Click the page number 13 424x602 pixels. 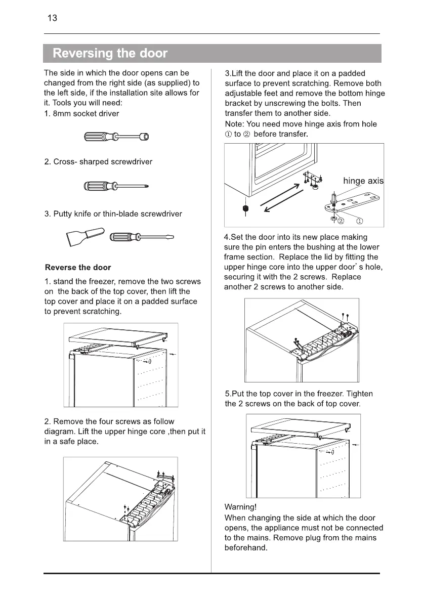click(x=52, y=19)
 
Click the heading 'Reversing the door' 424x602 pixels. click(x=110, y=53)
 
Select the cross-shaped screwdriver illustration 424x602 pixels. click(x=117, y=186)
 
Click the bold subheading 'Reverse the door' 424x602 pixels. click(x=78, y=267)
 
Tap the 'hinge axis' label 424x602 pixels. click(x=363, y=181)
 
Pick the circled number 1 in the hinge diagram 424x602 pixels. click(x=359, y=221)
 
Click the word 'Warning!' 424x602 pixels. click(x=241, y=507)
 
